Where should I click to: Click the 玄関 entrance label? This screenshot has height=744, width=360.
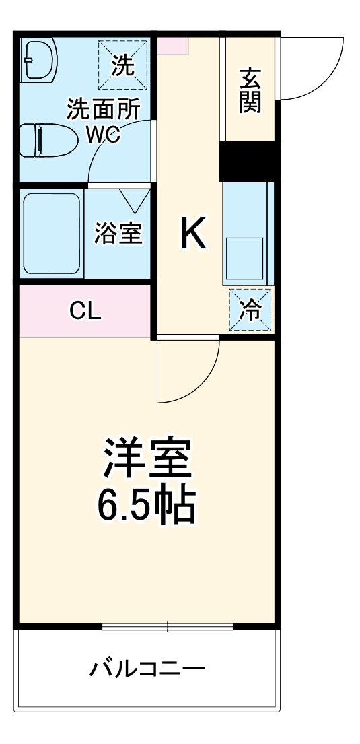tap(249, 90)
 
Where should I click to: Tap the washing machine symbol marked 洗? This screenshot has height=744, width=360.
tap(122, 65)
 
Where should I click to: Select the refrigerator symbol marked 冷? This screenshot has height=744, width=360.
tap(250, 309)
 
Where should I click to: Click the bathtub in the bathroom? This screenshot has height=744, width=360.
tap(51, 233)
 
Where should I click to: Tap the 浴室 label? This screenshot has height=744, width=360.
tap(118, 233)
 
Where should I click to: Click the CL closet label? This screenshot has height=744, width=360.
tap(85, 310)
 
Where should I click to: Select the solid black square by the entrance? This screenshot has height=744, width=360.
tap(248, 161)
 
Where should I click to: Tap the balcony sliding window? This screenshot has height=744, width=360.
tap(168, 627)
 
